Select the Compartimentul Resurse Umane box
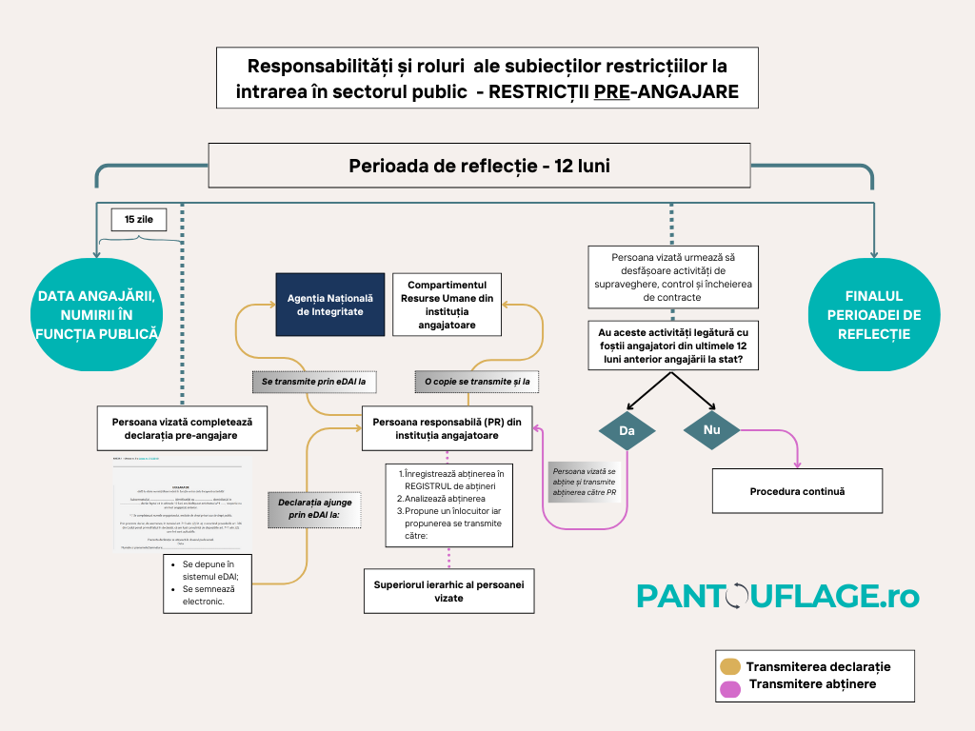click(x=448, y=305)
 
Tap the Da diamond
click(x=627, y=430)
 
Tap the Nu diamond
click(x=711, y=430)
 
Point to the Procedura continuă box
click(x=798, y=491)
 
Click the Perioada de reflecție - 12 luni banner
click(x=479, y=166)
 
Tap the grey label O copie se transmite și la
click(x=477, y=382)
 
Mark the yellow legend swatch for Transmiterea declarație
click(x=730, y=666)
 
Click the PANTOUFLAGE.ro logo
click(x=778, y=596)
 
